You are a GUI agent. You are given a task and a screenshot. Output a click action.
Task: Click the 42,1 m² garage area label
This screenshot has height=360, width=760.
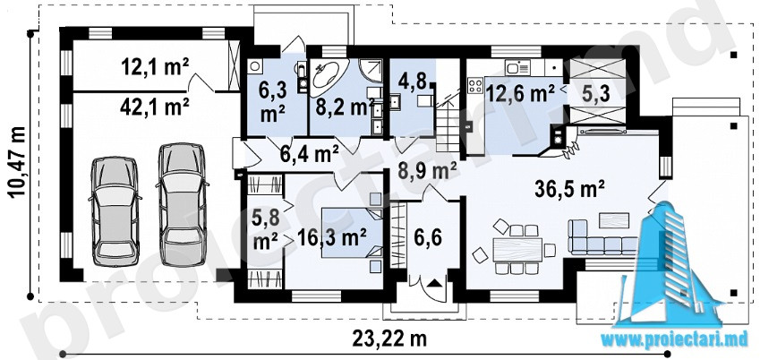154,107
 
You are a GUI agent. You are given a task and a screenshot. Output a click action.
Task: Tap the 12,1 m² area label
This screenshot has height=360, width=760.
155,66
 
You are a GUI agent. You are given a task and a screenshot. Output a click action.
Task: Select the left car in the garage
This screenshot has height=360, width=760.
115,211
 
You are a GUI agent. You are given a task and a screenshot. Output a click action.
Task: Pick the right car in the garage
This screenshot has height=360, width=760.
182,204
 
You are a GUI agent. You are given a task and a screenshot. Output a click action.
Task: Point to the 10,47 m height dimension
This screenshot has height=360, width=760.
18,162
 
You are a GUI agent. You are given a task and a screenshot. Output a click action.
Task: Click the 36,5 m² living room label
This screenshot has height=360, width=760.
570,189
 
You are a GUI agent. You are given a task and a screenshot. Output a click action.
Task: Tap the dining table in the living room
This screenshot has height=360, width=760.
517,249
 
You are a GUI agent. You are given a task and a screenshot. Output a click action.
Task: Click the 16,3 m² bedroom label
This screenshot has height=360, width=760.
331,237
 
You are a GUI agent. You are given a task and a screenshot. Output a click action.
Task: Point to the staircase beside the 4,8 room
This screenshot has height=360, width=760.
447,124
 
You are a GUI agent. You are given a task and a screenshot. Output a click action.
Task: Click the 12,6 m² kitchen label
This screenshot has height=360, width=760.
521,94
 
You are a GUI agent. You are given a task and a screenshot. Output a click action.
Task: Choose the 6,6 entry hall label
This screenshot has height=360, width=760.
428,239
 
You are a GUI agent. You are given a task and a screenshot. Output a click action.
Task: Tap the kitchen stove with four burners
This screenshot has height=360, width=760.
475,86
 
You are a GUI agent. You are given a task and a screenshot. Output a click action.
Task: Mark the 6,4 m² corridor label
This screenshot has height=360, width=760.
309,154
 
